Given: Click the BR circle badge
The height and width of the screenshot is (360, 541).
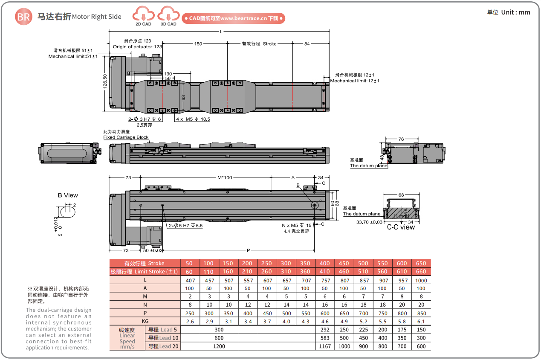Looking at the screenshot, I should point(23,17).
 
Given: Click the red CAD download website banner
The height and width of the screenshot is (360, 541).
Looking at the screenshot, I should point(234,18).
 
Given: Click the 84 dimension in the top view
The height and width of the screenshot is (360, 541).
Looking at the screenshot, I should point(307,44).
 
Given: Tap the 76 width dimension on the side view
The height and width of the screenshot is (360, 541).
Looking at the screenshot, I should point(401,139).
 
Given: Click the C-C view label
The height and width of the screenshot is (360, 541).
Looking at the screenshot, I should point(401,227).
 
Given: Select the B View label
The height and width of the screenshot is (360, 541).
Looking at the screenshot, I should point(68,195).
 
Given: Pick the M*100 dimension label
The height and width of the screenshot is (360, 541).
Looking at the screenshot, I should point(225,177).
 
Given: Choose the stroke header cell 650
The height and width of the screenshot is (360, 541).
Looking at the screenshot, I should point(421,263).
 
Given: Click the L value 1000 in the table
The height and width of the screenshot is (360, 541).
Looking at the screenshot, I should point(421,280).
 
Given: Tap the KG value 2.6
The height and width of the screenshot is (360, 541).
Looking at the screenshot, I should point(190,321).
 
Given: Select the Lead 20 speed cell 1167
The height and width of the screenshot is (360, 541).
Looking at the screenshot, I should point(324,346).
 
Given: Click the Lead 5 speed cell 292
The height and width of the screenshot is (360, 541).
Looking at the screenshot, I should point(324,330).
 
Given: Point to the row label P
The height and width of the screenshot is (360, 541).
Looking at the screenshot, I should point(145,313).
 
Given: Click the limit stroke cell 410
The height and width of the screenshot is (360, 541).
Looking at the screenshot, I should point(324,271).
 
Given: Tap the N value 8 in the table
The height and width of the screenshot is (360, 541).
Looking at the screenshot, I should point(190,305).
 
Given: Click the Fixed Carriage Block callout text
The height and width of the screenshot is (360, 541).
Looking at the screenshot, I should point(126,137).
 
